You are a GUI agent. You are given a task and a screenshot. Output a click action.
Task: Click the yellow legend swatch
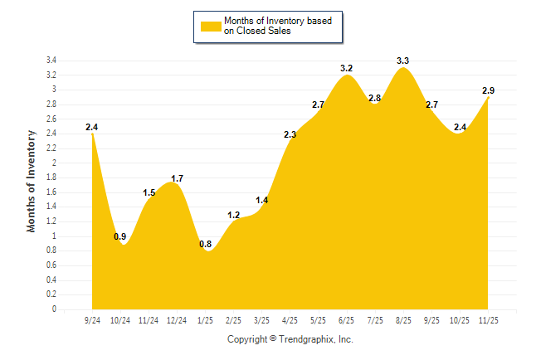(211, 26)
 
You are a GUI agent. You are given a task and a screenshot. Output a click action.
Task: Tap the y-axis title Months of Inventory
(32, 180)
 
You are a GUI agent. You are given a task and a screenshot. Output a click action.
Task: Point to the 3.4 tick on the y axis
(51, 61)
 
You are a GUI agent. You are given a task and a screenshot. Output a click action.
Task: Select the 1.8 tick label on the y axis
(51, 178)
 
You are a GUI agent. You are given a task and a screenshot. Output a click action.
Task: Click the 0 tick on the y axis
(54, 309)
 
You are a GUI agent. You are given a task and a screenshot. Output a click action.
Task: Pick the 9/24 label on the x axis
(92, 320)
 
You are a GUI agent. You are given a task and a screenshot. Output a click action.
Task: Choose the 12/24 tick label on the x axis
(177, 320)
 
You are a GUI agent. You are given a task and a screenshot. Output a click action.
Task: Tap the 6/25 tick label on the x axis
(347, 320)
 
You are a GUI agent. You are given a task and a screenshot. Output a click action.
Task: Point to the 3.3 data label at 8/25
(403, 61)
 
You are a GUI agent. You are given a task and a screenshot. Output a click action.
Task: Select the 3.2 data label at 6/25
(347, 68)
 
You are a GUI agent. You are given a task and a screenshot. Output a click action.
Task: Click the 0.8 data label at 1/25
(205, 244)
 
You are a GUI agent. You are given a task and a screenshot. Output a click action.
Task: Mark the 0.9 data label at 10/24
(120, 236)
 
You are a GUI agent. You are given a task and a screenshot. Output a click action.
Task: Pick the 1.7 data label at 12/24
(177, 178)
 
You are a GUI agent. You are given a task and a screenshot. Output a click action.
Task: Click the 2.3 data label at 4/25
(290, 134)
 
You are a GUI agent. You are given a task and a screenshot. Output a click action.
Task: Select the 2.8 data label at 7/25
(375, 98)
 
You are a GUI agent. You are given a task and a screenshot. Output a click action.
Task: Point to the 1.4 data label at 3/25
(262, 200)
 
